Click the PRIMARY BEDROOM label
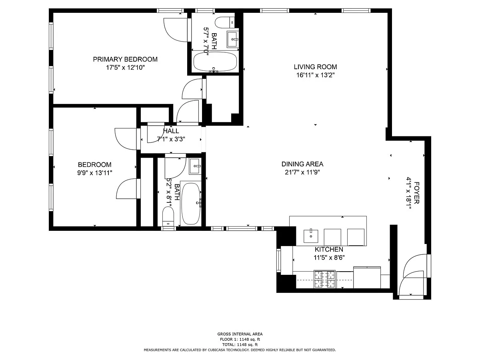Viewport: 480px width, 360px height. (125, 59)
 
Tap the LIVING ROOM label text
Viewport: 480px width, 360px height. (315, 67)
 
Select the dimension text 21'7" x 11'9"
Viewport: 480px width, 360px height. (302, 172)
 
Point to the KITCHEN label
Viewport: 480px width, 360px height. (329, 249)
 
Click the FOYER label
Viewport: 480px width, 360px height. (416, 192)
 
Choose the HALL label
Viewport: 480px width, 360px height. (171, 131)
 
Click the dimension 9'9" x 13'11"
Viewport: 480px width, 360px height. (94, 173)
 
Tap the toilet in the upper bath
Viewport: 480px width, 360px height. (225, 22)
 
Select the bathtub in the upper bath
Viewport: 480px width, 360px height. (215, 62)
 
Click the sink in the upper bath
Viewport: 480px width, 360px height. (233, 39)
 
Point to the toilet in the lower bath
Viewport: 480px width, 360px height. (168, 216)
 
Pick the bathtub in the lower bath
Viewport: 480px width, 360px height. (191, 204)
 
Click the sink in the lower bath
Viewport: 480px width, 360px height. (195, 166)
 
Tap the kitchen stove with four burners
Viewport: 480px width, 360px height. (324, 279)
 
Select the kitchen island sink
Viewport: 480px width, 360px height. (311, 236)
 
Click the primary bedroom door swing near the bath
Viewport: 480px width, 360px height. (175, 30)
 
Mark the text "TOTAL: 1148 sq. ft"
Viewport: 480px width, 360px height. (240, 344)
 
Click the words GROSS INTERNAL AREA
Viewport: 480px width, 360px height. (240, 334)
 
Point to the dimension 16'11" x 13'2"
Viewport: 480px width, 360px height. (315, 75)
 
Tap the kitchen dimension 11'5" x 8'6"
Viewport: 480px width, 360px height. (329, 258)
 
